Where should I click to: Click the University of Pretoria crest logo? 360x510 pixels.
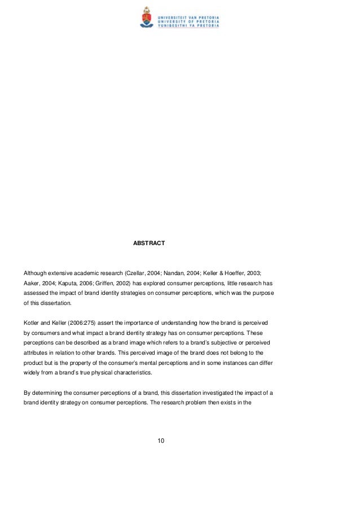point(146,17)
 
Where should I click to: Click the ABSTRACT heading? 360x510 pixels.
point(149,243)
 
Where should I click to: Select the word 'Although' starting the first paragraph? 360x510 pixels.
point(36,273)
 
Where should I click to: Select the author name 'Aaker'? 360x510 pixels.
point(32,284)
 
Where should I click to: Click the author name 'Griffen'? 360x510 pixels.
point(110,284)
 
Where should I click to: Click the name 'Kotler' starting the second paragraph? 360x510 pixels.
point(32,321)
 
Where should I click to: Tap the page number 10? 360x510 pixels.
point(161,441)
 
